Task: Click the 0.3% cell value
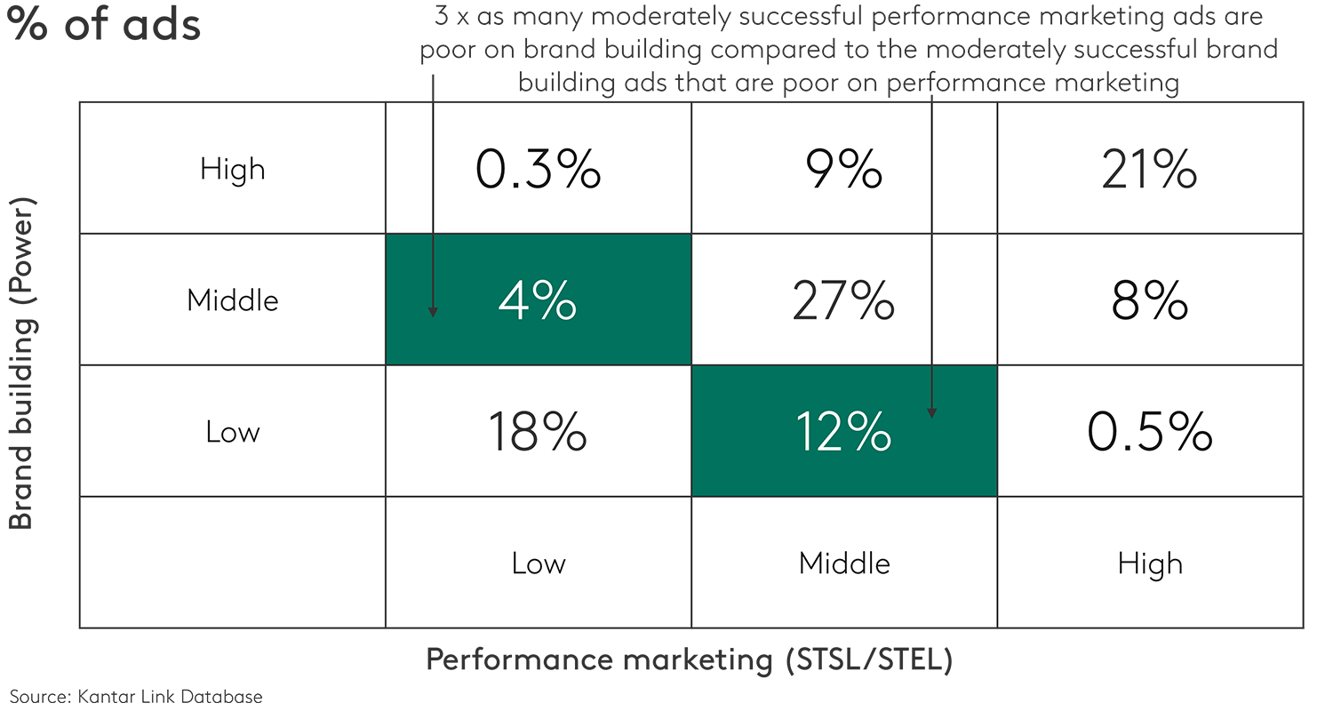538,169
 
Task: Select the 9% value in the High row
845,169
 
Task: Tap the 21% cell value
1149,169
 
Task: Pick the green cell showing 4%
538,300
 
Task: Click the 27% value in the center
843,300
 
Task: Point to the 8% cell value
1149,300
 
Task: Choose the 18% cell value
537,432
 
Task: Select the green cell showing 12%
843,432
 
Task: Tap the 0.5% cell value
1149,432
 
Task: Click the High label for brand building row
232,169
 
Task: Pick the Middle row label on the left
232,300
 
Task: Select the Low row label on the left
232,432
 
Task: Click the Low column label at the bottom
538,563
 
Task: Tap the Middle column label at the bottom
844,563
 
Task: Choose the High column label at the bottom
1150,563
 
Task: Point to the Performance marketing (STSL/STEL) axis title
690,660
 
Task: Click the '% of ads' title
104,25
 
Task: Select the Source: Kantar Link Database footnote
136,697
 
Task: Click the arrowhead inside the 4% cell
433,311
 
